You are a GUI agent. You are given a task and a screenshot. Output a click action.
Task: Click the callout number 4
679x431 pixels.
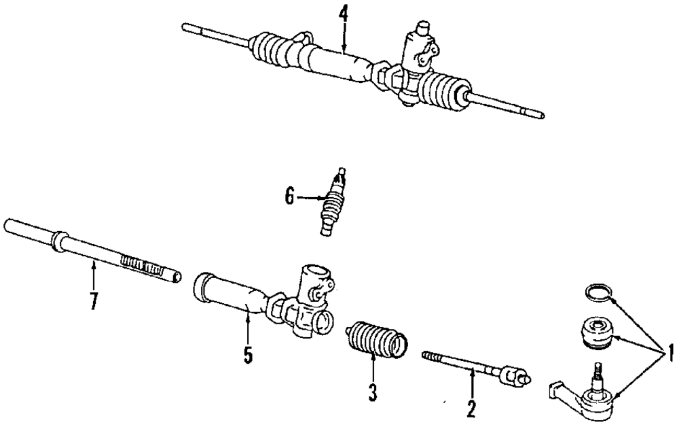point(344,14)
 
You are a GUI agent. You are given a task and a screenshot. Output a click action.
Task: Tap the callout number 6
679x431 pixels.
point(290,198)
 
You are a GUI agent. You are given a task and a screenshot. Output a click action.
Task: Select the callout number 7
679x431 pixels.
point(94,300)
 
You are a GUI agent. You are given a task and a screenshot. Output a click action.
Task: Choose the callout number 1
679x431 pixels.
point(669,353)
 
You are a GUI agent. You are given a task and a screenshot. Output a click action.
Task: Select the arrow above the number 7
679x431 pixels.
point(94,276)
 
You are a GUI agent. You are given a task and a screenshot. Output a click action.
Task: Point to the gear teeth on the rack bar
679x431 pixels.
point(141,263)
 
